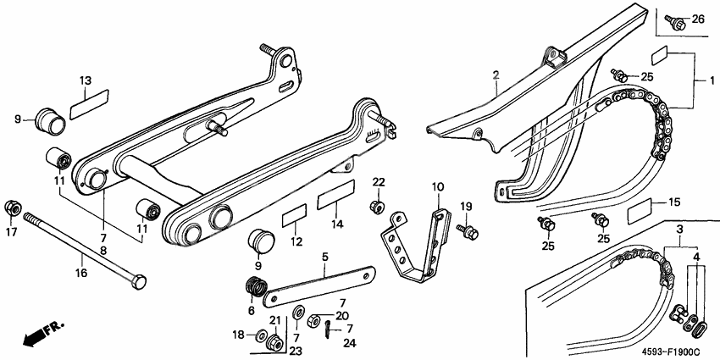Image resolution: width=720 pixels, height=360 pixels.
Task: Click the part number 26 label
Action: [x=697, y=19]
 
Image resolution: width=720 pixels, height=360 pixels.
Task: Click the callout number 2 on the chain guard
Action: [x=496, y=75]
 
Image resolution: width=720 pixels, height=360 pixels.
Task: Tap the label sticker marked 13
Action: [x=88, y=105]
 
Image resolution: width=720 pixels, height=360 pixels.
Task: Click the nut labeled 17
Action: [x=14, y=208]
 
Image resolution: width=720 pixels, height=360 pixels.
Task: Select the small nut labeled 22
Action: [x=377, y=207]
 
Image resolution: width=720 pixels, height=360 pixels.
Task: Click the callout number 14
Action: [x=337, y=225]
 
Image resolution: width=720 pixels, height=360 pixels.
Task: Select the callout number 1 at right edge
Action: [x=701, y=78]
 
